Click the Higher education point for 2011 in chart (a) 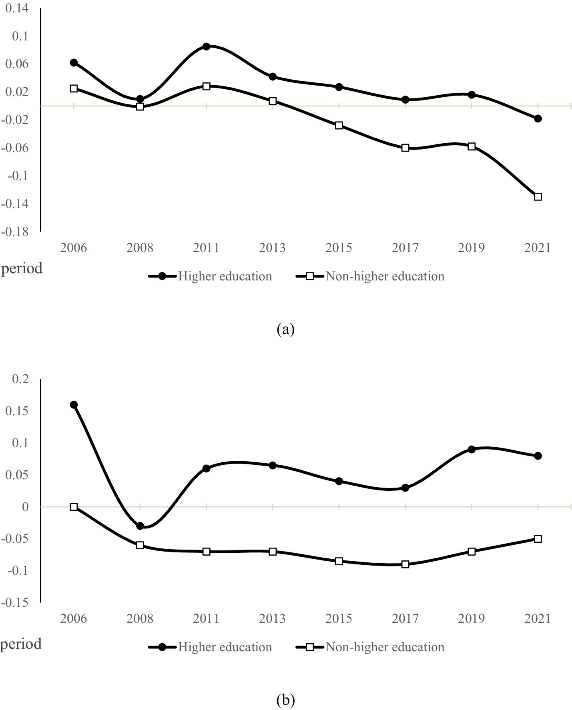(206, 46)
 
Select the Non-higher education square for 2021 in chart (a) (538, 197)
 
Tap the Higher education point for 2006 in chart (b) (74, 405)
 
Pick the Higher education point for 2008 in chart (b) (140, 526)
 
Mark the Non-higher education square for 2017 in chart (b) (405, 564)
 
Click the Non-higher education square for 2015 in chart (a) (339, 125)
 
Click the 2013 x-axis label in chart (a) (273, 248)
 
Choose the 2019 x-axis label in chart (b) (472, 619)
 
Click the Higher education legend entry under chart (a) (224, 276)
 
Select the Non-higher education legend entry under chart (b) (384, 647)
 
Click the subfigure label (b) (285, 700)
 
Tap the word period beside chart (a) (22, 268)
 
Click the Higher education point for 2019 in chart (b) (472, 449)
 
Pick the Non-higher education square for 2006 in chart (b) (74, 507)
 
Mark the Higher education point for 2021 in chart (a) (538, 118)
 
